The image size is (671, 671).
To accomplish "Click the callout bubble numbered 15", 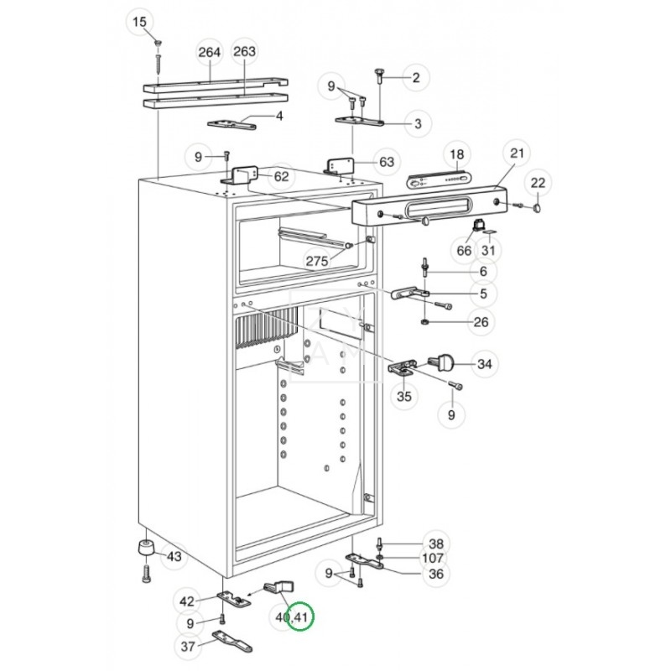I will [x=140, y=21].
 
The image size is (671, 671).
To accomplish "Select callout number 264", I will [x=210, y=52].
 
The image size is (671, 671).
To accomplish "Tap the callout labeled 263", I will [x=244, y=52].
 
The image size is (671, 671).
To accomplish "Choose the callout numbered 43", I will [x=174, y=557].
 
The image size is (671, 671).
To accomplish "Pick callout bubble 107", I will [x=433, y=558].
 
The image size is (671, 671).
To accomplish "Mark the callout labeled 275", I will [x=316, y=261].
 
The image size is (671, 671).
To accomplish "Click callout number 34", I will [x=485, y=365].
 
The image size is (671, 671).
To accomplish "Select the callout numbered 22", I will [x=538, y=183].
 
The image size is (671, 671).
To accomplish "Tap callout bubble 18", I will [x=456, y=154].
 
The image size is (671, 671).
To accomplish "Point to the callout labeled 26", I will [x=481, y=321].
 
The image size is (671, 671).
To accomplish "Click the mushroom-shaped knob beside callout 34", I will [x=444, y=362].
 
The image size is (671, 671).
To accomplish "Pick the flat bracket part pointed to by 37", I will [x=231, y=641].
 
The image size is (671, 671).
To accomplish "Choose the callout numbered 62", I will [x=281, y=176].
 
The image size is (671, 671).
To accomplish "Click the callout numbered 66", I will [x=465, y=250].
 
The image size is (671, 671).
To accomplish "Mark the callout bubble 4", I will [x=279, y=116].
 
